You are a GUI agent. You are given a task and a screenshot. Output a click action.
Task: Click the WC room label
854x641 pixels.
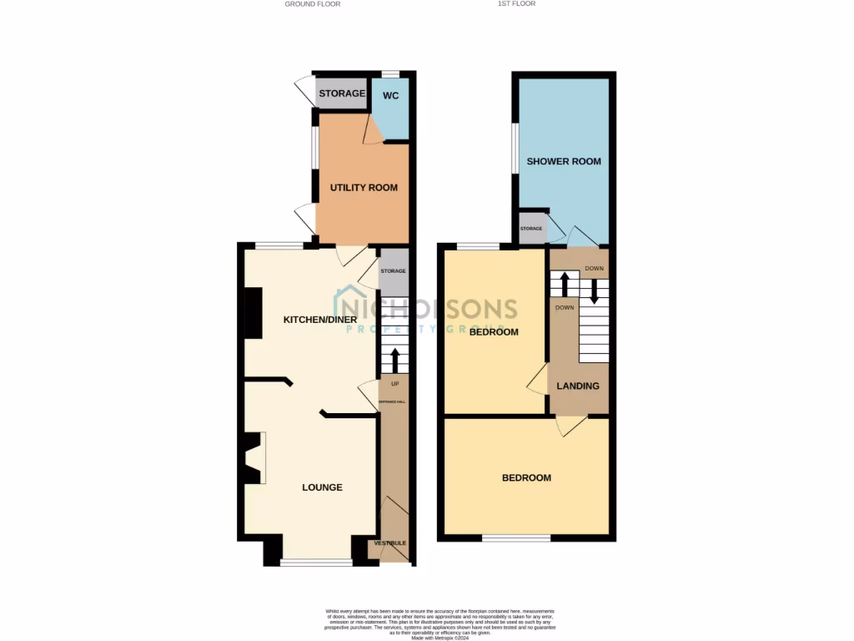(x=390, y=96)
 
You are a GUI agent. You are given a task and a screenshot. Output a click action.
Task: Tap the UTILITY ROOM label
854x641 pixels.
(x=364, y=188)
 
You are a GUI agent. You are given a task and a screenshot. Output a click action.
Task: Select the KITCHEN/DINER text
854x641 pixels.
(x=320, y=320)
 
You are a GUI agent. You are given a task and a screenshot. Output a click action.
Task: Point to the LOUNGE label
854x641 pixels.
(x=322, y=487)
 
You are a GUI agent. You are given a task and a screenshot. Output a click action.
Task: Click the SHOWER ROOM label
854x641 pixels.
(x=563, y=161)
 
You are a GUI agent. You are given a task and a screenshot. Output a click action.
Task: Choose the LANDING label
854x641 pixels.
(x=578, y=386)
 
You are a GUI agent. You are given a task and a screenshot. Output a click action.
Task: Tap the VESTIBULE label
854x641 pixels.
(x=390, y=543)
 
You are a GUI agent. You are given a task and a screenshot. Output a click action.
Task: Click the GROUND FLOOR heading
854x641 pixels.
(x=313, y=4)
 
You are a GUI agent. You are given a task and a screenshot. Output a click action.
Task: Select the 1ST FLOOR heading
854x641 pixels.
(x=517, y=4)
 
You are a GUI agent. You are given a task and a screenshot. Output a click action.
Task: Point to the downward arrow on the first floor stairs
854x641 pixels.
(x=595, y=290)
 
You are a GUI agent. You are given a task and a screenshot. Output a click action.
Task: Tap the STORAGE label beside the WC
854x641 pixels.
(x=342, y=93)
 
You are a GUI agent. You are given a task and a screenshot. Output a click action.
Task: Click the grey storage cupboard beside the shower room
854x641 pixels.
(x=531, y=229)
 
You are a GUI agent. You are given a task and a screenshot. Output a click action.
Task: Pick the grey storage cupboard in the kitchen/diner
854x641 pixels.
(x=394, y=271)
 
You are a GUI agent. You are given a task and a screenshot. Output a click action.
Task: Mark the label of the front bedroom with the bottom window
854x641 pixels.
(x=526, y=478)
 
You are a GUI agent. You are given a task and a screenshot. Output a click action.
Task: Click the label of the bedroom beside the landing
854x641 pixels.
(x=493, y=332)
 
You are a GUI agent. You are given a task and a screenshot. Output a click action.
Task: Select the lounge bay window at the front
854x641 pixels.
(x=315, y=562)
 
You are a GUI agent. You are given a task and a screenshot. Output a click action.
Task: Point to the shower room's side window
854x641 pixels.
(x=515, y=149)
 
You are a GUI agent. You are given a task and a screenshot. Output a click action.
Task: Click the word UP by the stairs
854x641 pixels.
(x=394, y=384)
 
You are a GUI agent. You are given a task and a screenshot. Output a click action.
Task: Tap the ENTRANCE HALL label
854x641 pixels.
(x=392, y=402)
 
